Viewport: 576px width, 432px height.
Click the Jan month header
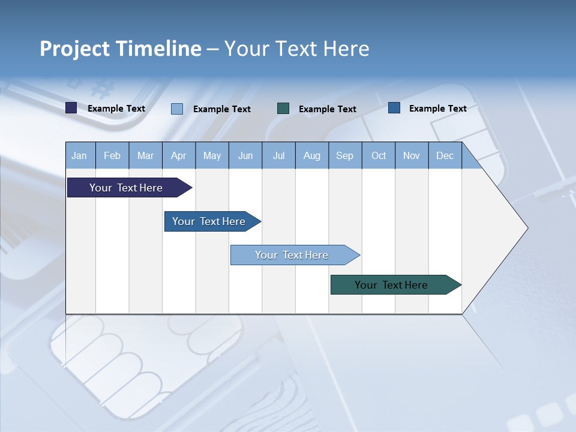click(x=80, y=155)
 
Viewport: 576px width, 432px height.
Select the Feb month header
click(x=112, y=155)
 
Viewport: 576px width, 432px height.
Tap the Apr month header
click(x=179, y=155)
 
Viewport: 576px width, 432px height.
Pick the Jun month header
click(x=245, y=155)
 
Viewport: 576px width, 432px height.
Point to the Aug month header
click(x=312, y=155)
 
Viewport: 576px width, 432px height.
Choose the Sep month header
click(x=345, y=155)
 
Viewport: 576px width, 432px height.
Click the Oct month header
click(x=379, y=155)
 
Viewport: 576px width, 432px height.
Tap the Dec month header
click(x=445, y=155)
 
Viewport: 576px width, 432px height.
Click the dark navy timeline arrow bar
click(x=126, y=188)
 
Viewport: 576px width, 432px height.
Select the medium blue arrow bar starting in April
click(x=209, y=221)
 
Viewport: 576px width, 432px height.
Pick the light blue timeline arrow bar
click(x=292, y=255)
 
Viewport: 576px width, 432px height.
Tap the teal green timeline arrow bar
click(x=391, y=285)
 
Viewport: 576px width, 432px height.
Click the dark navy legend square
click(x=71, y=108)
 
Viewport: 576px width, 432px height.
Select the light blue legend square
click(x=177, y=109)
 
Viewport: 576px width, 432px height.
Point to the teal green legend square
click(x=283, y=108)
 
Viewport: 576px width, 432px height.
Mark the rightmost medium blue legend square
click(x=394, y=107)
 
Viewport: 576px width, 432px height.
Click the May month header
click(x=212, y=155)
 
